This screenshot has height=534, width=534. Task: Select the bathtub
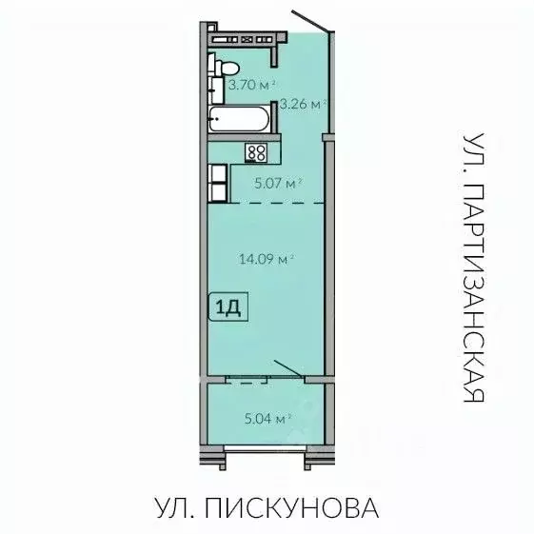(240, 121)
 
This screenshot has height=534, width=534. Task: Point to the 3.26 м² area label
(300, 104)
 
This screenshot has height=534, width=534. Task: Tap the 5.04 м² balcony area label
(268, 416)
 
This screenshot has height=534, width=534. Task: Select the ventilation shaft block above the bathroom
(244, 39)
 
